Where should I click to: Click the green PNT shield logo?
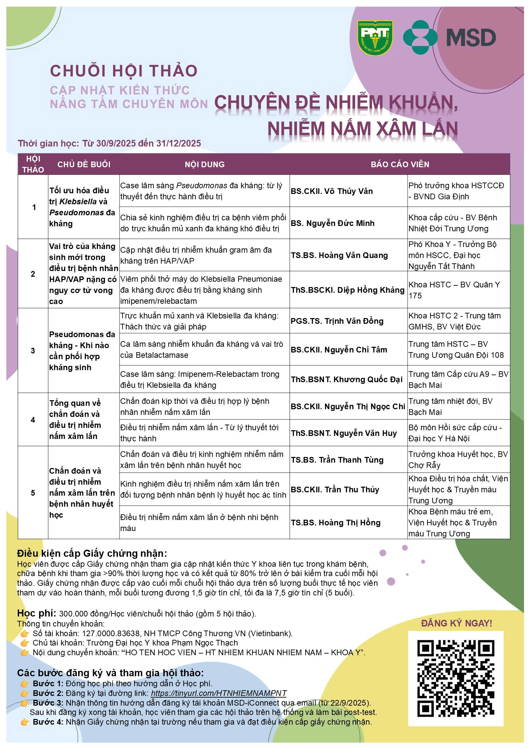[375, 38]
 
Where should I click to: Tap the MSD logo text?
[471, 37]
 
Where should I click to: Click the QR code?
[456, 678]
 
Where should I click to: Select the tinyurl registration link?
[219, 693]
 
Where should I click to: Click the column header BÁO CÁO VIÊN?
[400, 164]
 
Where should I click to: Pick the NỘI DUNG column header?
[204, 164]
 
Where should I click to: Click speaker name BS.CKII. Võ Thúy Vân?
[332, 191]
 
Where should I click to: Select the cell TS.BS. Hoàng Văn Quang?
[339, 255]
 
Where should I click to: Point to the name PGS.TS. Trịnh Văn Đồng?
[337, 321]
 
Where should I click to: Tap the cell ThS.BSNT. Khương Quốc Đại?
[347, 380]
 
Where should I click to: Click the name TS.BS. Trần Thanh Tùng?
[337, 460]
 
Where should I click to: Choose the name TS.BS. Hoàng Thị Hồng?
[336, 523]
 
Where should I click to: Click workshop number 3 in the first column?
[33, 351]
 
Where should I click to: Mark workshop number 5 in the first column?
[33, 493]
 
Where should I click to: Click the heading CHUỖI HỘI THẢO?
[124, 71]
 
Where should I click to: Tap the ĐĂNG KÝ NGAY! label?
[456, 623]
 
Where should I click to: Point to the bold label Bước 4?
[48, 722]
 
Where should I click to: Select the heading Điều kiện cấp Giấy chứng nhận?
[92, 553]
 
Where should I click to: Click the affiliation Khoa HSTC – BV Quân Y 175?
[454, 290]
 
